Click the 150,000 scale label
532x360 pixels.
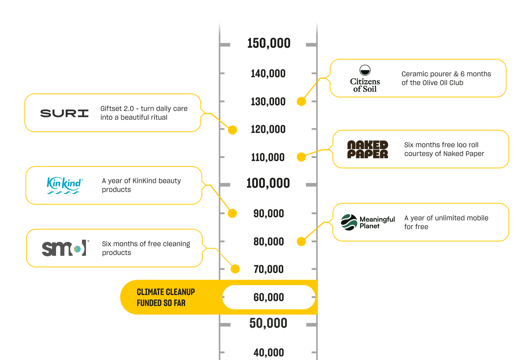(269, 43)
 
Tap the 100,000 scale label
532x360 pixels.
(268, 183)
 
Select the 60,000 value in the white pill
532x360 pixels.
(269, 297)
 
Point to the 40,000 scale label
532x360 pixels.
(269, 353)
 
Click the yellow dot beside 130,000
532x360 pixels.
(301, 102)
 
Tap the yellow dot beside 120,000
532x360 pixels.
(232, 130)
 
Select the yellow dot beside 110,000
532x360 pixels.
(301, 157)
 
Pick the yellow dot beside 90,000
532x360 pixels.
(232, 213)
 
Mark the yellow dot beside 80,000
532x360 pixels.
(301, 242)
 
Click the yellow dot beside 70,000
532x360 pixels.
(235, 269)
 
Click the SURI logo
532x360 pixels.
(64, 113)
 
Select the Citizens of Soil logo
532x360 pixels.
(365, 79)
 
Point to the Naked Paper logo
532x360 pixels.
(367, 150)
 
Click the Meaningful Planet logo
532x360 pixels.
(368, 222)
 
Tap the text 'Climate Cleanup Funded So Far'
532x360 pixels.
(166, 297)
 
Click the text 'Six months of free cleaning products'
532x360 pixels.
(146, 248)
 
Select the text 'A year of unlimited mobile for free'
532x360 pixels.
(446, 222)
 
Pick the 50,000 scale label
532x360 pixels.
(268, 323)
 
